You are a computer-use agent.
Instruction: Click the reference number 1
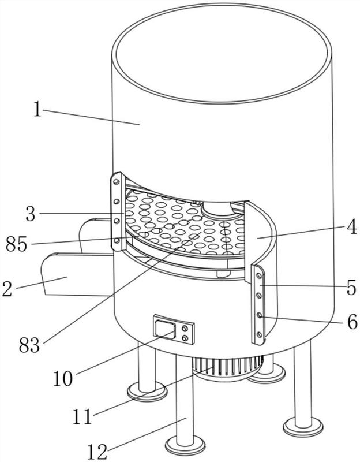37,109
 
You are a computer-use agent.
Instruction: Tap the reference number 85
17,244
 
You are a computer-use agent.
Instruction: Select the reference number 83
29,345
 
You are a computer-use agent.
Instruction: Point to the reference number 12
97,452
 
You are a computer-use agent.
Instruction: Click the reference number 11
82,416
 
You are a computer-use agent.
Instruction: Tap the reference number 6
352,322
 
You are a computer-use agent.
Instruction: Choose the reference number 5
351,287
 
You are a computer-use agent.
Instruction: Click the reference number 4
351,226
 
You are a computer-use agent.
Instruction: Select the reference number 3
31,214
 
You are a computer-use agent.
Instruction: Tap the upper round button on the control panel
185,328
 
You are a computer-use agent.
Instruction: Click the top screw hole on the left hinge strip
117,182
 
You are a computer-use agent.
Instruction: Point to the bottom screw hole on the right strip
259,334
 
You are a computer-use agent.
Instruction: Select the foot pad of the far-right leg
303,426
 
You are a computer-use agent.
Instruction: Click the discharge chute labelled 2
77,274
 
